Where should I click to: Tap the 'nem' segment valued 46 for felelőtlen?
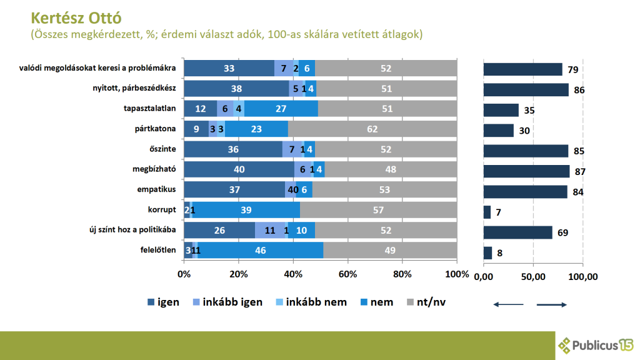[261, 250]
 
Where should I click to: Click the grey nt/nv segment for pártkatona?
[372, 130]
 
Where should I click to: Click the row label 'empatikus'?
[157, 191]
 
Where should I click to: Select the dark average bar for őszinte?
[526, 151]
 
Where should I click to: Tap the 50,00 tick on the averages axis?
[533, 276]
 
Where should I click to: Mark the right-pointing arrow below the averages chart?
[551, 304]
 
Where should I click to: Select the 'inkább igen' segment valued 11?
[270, 231]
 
